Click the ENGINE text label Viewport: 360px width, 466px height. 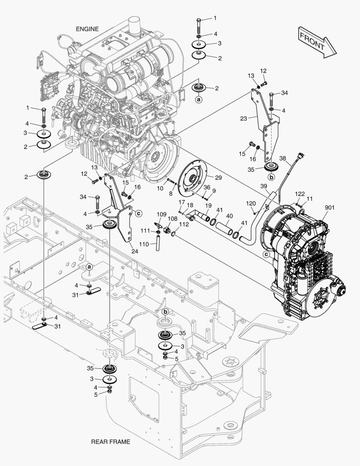[x=88, y=29]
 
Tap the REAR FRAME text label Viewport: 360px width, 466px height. [x=110, y=442]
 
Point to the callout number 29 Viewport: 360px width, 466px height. [x=218, y=178]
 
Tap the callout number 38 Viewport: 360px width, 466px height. [x=283, y=158]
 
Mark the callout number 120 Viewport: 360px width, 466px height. [x=251, y=203]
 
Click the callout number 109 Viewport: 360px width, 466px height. [x=161, y=214]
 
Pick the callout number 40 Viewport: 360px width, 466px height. [x=229, y=216]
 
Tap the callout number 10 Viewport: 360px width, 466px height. [x=160, y=188]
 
